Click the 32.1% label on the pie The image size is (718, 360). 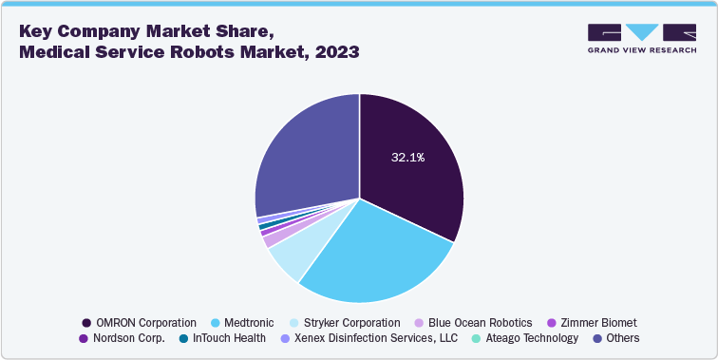click(407, 158)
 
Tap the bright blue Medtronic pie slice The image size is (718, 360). click(370, 256)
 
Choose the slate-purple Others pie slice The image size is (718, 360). click(304, 161)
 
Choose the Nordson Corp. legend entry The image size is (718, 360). click(129, 337)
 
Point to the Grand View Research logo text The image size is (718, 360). click(642, 50)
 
